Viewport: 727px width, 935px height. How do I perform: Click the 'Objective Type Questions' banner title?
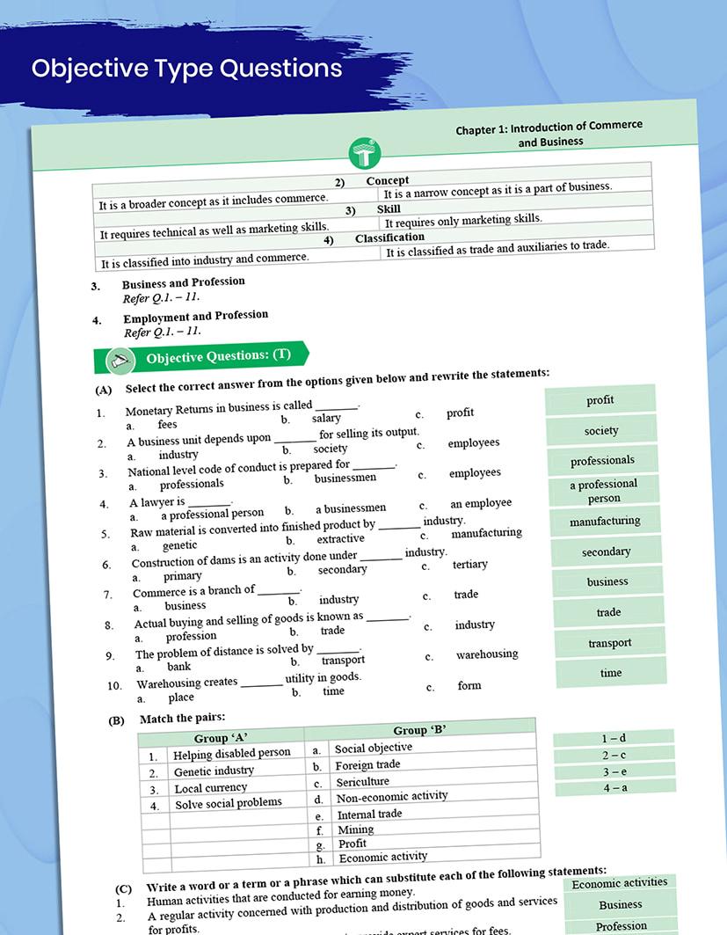tap(186, 68)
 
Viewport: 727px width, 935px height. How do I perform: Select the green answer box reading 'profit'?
tap(600, 400)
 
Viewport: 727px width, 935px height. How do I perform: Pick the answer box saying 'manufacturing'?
tap(605, 522)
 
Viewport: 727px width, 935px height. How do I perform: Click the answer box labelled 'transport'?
tap(610, 643)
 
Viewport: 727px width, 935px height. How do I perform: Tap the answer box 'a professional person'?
tap(603, 491)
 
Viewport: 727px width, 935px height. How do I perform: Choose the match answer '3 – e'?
tap(614, 771)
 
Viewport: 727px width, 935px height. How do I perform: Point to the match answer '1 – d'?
tap(614, 738)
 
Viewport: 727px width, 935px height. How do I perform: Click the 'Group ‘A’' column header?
tap(221, 738)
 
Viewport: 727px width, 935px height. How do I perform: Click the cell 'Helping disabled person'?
tap(231, 754)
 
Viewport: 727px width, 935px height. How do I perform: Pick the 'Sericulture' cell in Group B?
tap(362, 781)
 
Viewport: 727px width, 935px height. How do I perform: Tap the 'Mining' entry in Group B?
tap(356, 829)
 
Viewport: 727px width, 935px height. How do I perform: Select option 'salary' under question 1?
tap(326, 419)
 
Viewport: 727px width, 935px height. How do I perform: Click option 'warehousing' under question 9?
tap(487, 654)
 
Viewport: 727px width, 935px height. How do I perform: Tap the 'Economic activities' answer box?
tap(620, 883)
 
